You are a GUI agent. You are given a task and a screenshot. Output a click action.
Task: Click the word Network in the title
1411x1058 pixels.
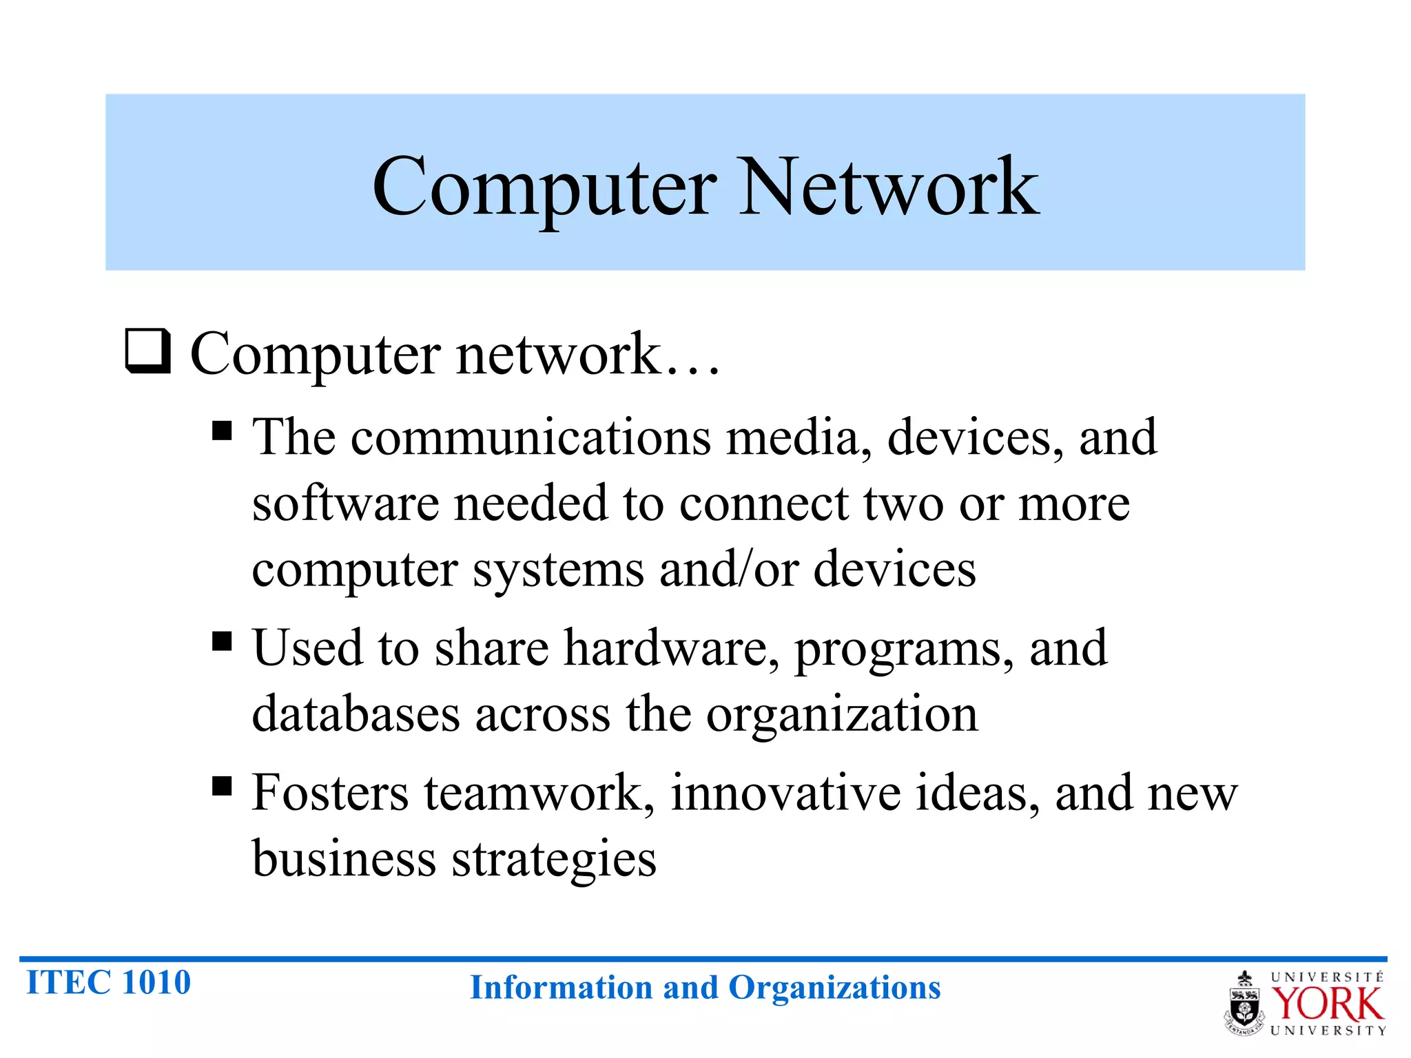point(888,186)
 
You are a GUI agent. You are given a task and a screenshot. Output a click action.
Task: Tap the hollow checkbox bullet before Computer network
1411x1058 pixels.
point(147,351)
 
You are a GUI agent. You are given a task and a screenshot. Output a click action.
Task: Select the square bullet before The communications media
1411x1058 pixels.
point(222,431)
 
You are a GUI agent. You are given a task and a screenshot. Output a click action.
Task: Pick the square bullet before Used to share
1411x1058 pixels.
point(222,641)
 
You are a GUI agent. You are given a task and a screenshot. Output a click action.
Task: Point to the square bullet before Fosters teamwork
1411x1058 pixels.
point(222,786)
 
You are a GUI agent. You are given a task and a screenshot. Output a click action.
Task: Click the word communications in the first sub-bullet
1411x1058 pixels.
point(531,437)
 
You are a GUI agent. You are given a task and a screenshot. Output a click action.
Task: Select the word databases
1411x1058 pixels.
point(356,714)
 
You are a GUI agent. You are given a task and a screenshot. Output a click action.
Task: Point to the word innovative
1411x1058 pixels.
point(785,793)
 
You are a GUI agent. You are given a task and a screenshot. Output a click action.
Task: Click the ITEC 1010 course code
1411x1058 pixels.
point(108,982)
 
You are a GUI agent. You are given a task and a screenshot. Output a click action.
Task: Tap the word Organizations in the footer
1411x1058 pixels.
point(834,988)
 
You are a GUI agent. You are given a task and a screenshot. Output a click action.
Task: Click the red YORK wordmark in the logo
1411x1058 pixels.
point(1327,1004)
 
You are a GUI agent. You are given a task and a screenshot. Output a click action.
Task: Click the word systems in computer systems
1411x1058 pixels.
point(558,570)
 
